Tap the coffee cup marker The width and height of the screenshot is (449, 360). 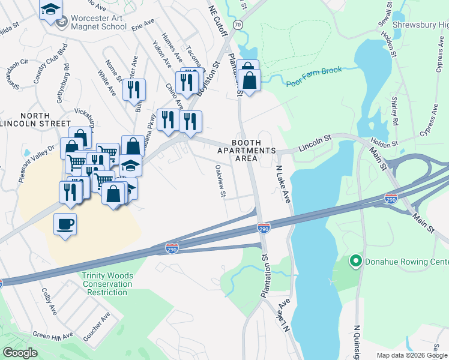click(65, 225)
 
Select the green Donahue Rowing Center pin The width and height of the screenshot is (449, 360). click(355, 261)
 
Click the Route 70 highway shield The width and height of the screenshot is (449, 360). click(238, 25)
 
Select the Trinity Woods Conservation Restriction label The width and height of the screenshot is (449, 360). click(105, 284)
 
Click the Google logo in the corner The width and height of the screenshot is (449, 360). click(19, 353)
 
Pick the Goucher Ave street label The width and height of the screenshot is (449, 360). click(97, 327)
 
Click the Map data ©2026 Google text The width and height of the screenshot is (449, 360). click(411, 355)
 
